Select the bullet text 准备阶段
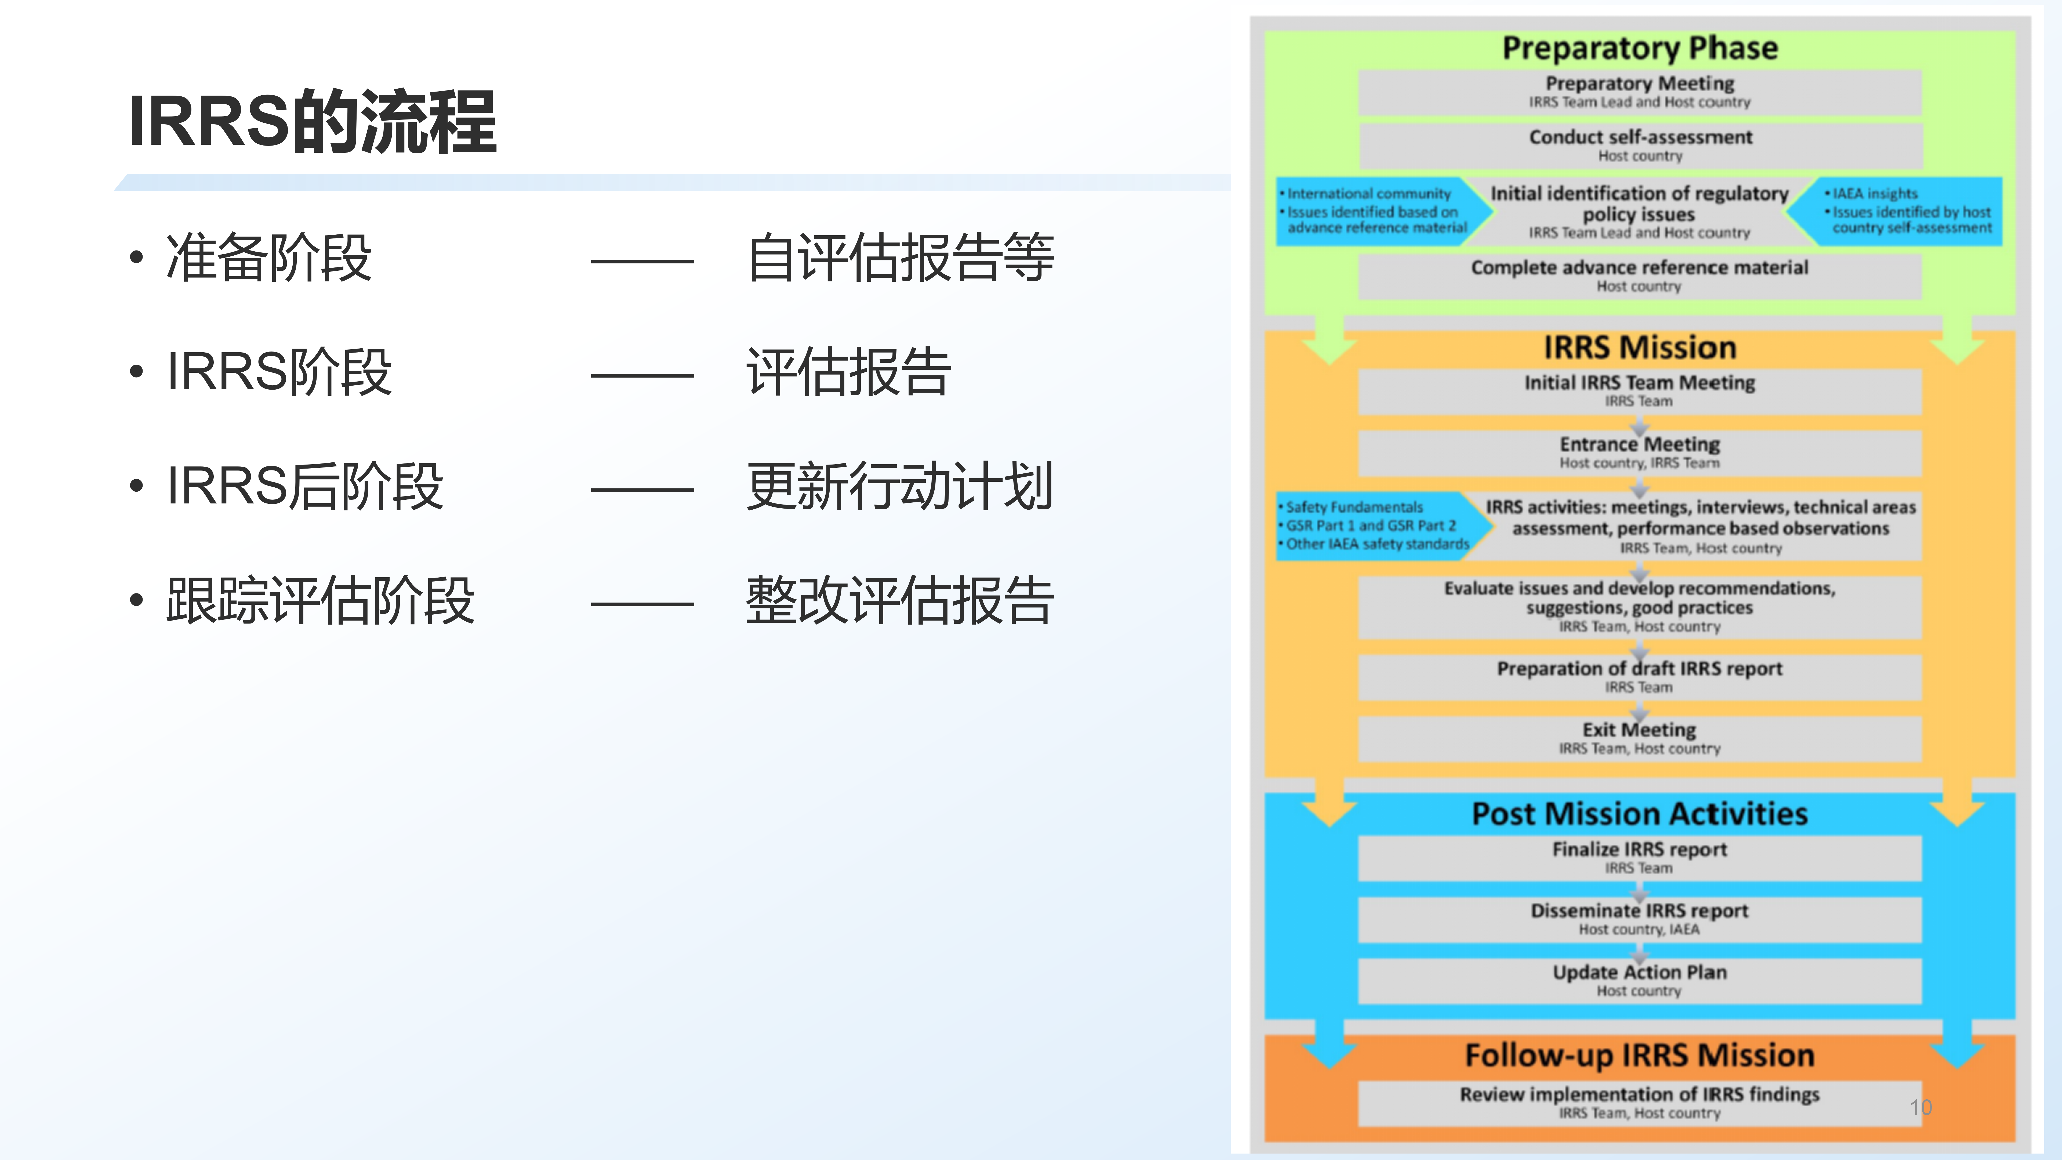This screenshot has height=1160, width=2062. [269, 258]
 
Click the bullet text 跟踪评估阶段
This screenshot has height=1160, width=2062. [320, 600]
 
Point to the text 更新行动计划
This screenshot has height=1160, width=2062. [900, 486]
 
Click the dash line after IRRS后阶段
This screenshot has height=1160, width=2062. [642, 489]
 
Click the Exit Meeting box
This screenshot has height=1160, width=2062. [1640, 738]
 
